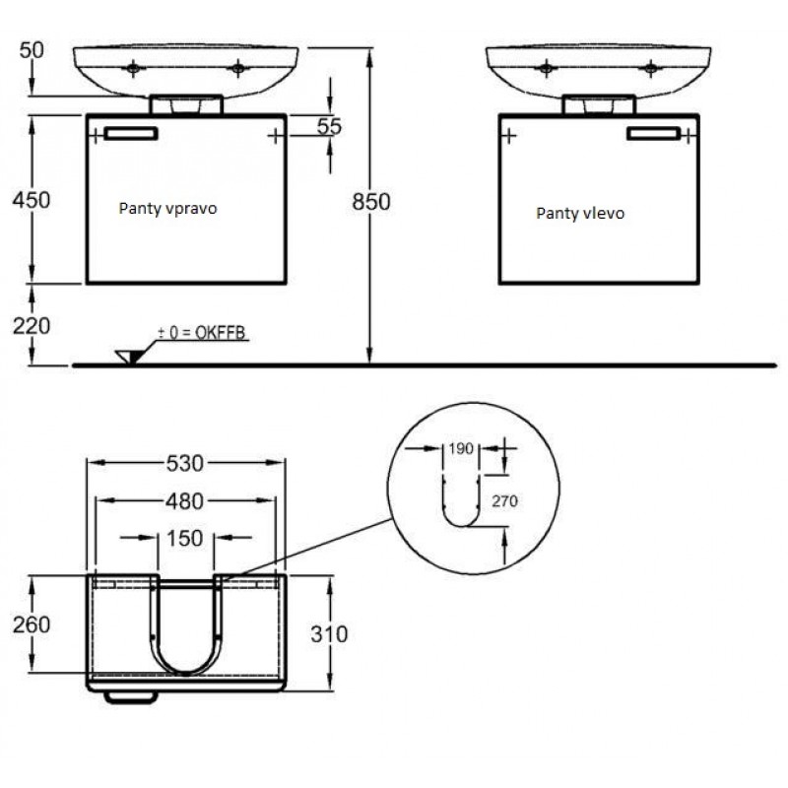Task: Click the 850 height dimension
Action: tap(371, 202)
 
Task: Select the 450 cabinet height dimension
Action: tap(32, 200)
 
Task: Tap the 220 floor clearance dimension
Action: tap(32, 326)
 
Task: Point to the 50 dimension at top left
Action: tap(32, 50)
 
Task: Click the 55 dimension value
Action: tap(329, 126)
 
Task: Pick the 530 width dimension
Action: tap(185, 463)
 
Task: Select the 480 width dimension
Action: tap(185, 501)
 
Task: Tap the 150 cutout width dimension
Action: tap(185, 538)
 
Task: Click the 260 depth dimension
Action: tap(32, 624)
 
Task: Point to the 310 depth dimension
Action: tap(329, 634)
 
